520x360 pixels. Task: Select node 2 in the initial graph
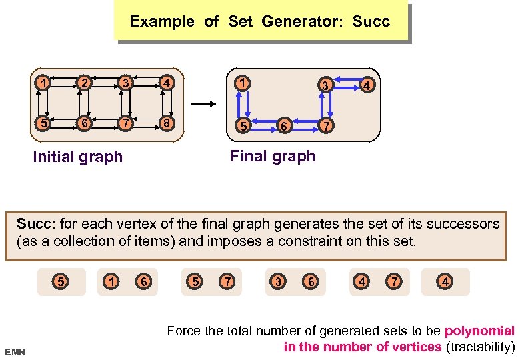pos(84,83)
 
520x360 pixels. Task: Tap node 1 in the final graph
pos(245,83)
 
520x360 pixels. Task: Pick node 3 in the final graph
pos(324,85)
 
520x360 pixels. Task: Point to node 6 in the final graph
pos(284,125)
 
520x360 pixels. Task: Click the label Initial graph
pos(78,157)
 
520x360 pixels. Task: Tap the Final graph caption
pos(273,157)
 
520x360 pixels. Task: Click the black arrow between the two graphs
pos(205,103)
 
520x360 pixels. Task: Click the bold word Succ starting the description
pos(31,223)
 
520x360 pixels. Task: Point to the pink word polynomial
pos(479,331)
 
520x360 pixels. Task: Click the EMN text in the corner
pos(15,351)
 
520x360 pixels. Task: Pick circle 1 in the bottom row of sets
pos(113,282)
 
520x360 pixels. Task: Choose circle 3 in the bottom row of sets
pos(278,282)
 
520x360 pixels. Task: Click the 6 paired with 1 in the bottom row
pos(143,282)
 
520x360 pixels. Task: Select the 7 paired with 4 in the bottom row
pos(395,282)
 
